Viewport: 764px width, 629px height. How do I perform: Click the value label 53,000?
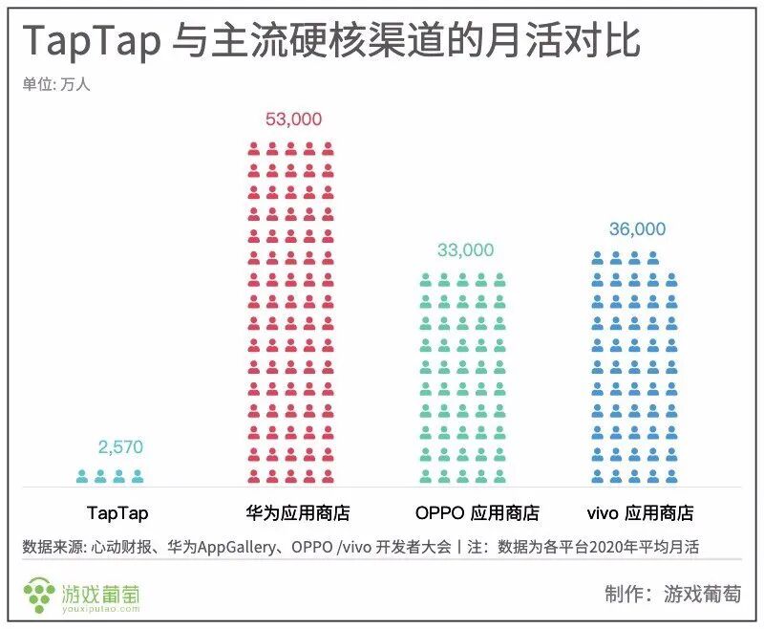293,119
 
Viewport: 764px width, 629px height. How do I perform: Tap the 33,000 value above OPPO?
465,250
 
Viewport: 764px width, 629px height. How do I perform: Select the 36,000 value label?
637,229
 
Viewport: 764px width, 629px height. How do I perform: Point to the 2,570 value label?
121,447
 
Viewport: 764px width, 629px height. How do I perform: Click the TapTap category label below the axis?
117,513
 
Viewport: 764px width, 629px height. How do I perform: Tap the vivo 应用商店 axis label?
639,513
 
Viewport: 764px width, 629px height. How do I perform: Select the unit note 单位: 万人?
56,84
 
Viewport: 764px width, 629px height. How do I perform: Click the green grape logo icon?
40,594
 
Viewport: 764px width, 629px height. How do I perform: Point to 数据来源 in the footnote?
53,548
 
